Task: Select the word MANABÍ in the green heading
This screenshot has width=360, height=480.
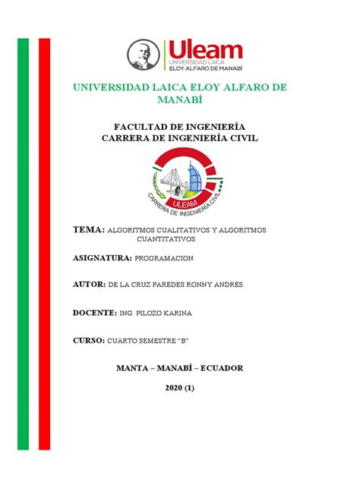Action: pyautogui.click(x=180, y=100)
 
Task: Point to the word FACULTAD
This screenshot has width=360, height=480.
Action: pyautogui.click(x=140, y=126)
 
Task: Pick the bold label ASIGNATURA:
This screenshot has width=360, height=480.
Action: pyautogui.click(x=102, y=258)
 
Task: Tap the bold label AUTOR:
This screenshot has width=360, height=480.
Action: pyautogui.click(x=89, y=283)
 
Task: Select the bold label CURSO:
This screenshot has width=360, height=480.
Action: pyautogui.click(x=88, y=341)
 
